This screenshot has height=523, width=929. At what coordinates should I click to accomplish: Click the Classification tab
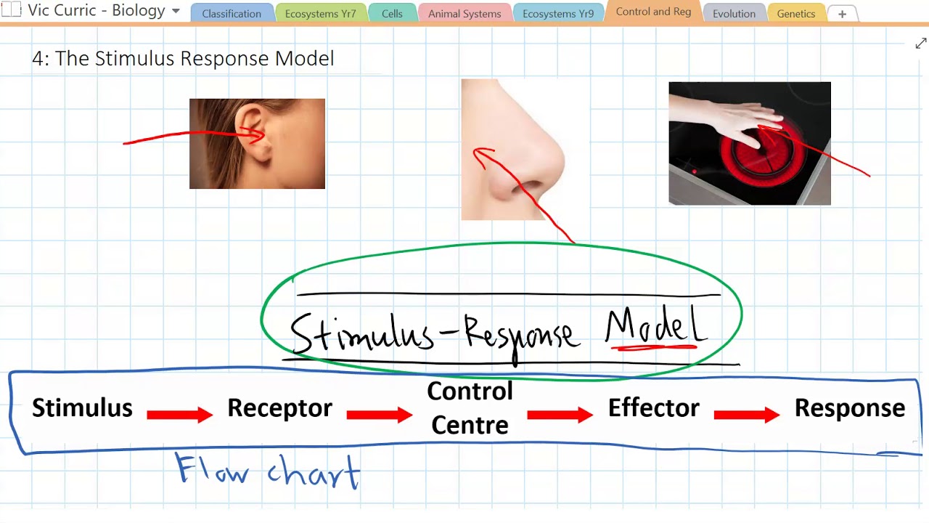click(232, 14)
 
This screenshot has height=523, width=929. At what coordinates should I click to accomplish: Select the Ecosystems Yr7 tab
click(320, 14)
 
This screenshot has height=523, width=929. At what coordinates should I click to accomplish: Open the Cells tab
click(392, 14)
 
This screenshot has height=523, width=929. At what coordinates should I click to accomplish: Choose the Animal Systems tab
click(464, 14)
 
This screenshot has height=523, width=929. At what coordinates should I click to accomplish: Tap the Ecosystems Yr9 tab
click(558, 14)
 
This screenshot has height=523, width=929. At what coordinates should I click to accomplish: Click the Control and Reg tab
click(653, 12)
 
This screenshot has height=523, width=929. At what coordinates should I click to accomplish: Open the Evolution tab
click(734, 14)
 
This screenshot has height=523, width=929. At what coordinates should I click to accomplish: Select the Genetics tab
click(795, 14)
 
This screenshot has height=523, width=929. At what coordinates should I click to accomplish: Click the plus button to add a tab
click(842, 14)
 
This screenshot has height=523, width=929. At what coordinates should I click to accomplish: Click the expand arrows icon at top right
click(921, 44)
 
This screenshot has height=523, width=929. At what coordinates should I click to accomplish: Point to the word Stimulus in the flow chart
click(82, 408)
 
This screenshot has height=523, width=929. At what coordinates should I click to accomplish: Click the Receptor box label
click(279, 408)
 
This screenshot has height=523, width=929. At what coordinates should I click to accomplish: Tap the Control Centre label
click(470, 408)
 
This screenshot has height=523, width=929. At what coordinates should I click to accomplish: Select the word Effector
click(653, 408)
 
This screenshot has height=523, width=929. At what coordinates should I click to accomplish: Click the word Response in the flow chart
click(849, 408)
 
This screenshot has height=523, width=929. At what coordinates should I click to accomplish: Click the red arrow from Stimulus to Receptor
click(179, 415)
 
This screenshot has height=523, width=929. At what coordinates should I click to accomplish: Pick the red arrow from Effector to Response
click(746, 415)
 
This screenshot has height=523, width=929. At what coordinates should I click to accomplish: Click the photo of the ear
click(257, 144)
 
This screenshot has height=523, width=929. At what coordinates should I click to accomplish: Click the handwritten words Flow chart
click(269, 472)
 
